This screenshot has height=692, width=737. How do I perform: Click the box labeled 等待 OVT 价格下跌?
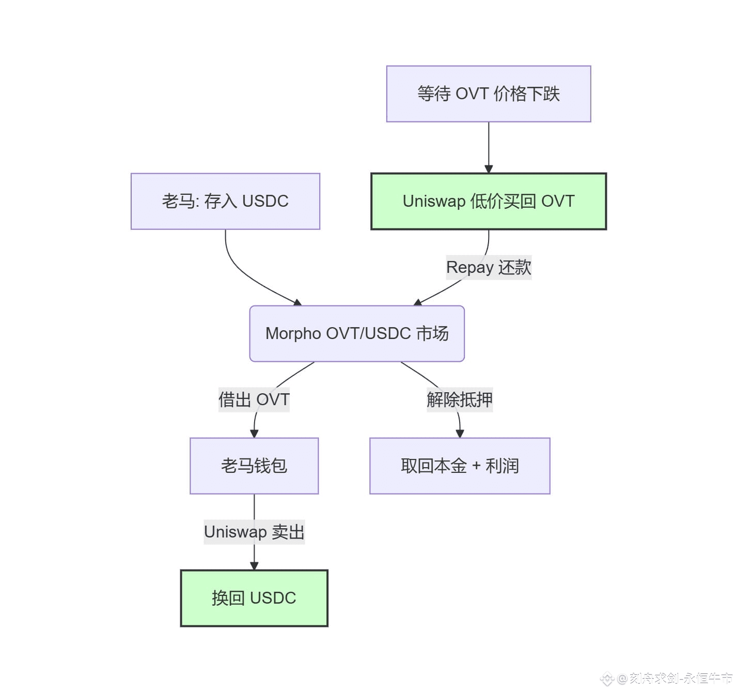tap(488, 94)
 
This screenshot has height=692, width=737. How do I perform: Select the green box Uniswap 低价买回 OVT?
tap(488, 201)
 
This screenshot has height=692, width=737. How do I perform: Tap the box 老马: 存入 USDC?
tap(225, 201)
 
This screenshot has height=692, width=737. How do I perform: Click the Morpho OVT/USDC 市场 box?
tap(357, 333)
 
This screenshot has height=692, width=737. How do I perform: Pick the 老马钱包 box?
tap(254, 466)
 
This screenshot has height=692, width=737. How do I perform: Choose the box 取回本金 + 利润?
tap(460, 466)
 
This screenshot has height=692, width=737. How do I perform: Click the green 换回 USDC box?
tap(254, 598)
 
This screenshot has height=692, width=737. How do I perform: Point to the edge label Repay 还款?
tap(489, 267)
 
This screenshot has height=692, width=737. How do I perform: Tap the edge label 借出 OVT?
tap(254, 399)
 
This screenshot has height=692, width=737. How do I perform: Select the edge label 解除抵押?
tap(460, 399)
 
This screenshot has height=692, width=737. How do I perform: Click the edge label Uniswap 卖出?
tap(254, 532)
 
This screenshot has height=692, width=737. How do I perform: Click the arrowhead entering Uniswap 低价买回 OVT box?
tap(489, 169)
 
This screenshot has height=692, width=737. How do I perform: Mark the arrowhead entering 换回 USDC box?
tap(254, 566)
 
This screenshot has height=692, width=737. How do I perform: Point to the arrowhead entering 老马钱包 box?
tap(254, 434)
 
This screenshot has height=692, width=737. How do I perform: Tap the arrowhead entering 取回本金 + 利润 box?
tap(460, 434)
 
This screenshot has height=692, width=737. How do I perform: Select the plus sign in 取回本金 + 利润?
tap(476, 466)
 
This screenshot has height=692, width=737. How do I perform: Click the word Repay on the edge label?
tap(469, 267)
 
